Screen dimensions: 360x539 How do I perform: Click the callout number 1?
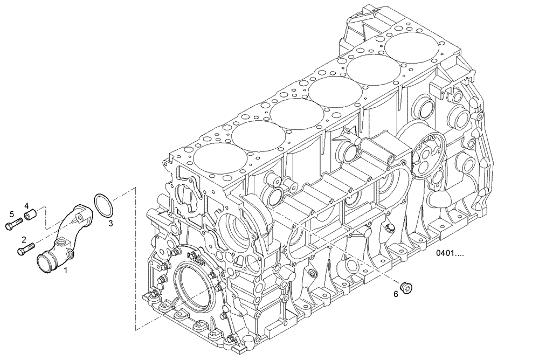pos(66,268)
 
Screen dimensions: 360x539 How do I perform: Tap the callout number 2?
pos(24,239)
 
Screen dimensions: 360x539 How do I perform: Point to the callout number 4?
pos(25,205)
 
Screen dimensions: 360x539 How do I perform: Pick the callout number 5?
pos(11,214)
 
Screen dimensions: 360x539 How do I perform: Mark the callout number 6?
pos(396,294)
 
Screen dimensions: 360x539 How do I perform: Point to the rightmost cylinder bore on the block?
pos(411,46)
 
